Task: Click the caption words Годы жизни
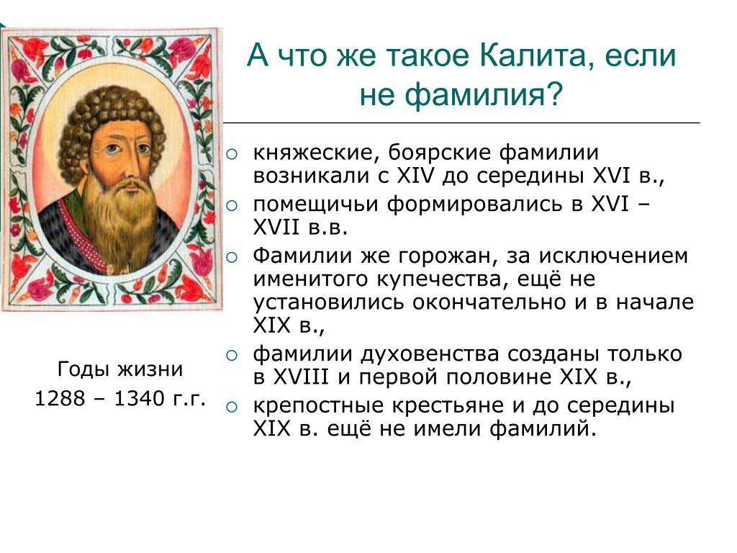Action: coord(120,369)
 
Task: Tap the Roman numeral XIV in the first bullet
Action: coord(416,176)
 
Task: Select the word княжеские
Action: coord(317,153)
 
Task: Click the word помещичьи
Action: coord(315,205)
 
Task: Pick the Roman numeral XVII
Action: coord(276,228)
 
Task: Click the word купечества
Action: coord(443,280)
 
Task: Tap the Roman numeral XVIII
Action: coord(300,377)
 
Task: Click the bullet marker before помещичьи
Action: coord(232,205)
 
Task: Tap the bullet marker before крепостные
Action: coord(232,407)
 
